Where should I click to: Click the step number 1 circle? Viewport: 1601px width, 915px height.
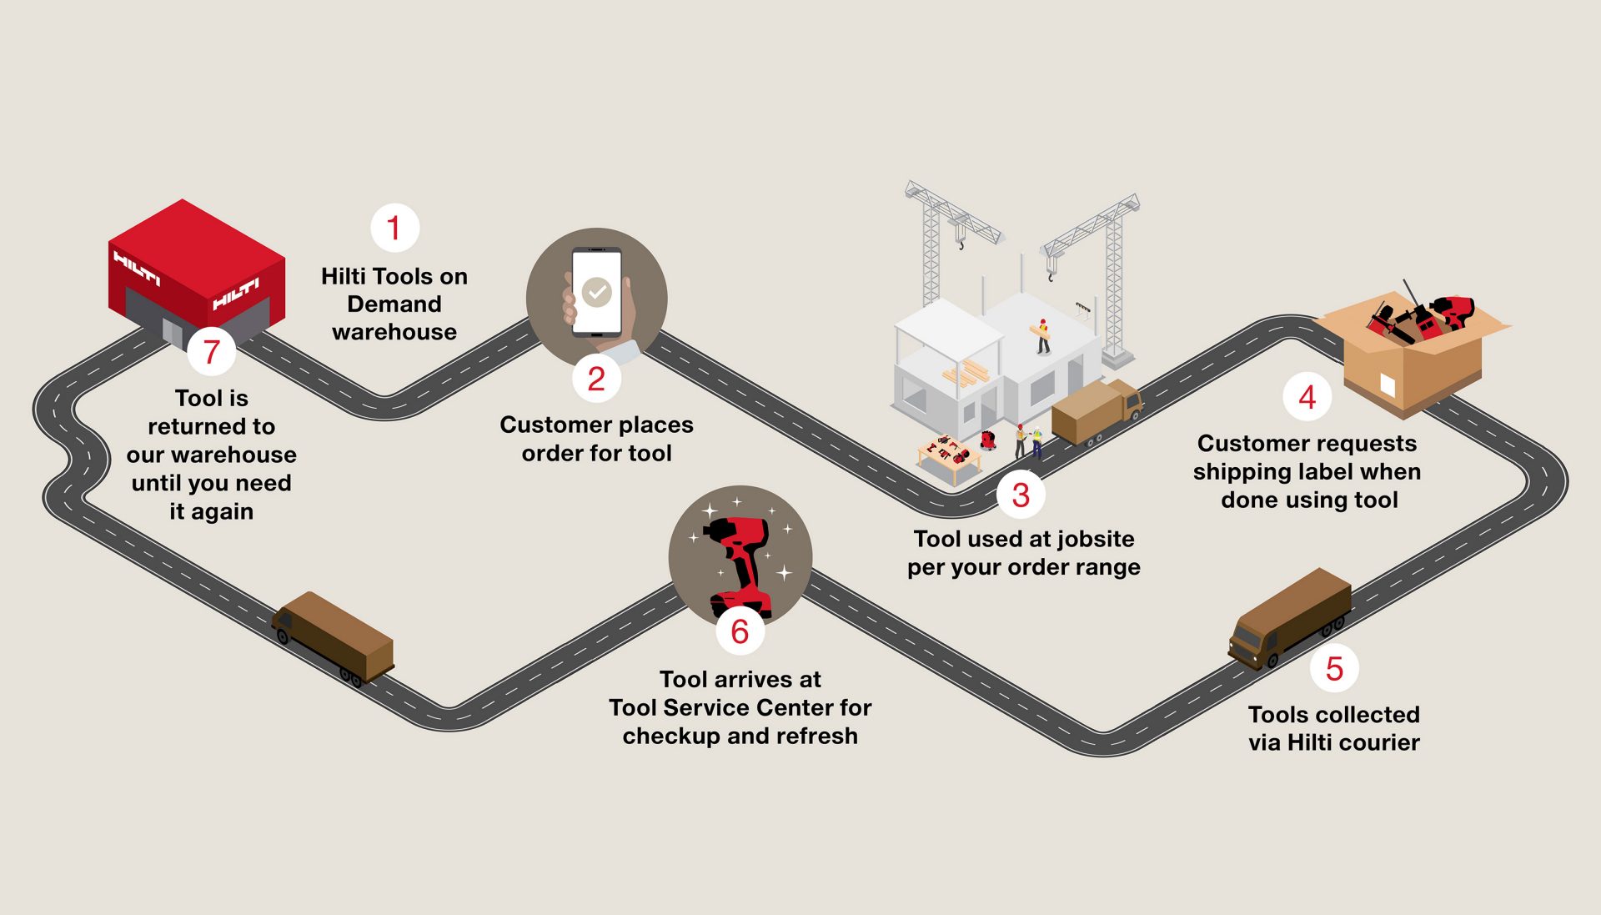[394, 228]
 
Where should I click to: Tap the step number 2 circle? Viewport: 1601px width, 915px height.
[596, 379]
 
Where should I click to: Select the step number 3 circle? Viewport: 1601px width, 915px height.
[1021, 495]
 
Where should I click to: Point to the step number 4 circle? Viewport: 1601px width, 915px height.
[1307, 397]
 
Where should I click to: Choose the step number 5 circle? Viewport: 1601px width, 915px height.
[1334, 668]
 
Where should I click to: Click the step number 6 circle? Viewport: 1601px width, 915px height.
[740, 631]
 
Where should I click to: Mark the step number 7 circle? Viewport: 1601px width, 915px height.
[211, 352]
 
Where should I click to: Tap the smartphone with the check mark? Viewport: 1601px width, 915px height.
[596, 292]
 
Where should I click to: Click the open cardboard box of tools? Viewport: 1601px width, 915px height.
[1413, 349]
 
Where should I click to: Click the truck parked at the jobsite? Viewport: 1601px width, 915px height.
[1096, 412]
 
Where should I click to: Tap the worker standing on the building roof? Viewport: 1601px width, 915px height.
[1041, 336]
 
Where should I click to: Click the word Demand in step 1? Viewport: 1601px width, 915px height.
[394, 304]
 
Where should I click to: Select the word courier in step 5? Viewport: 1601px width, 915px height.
[1378, 742]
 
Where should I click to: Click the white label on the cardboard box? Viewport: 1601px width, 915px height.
[1388, 385]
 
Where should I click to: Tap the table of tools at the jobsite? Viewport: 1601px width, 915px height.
[950, 457]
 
